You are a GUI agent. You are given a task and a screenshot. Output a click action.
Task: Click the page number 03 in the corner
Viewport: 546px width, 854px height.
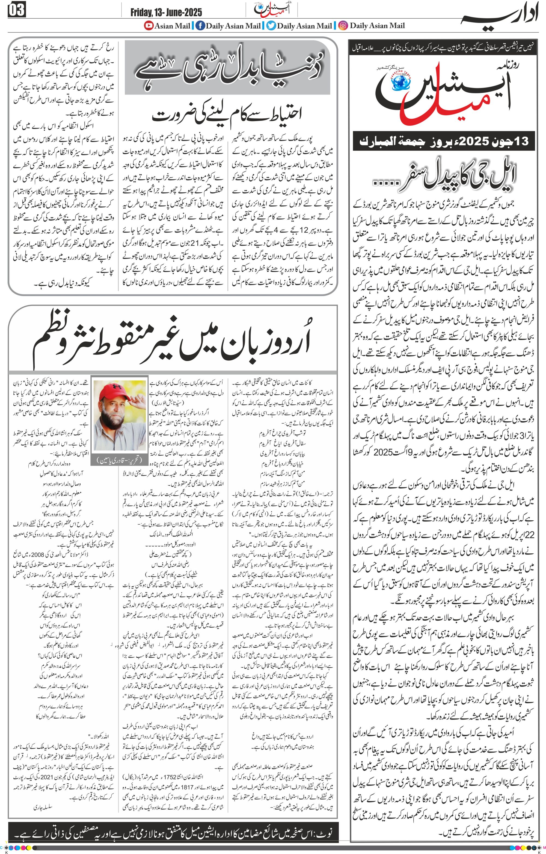click(x=16, y=10)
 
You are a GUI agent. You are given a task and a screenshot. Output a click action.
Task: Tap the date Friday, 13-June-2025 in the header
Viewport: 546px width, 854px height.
click(x=166, y=12)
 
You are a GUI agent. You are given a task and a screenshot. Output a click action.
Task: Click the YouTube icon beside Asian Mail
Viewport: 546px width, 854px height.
click(x=148, y=25)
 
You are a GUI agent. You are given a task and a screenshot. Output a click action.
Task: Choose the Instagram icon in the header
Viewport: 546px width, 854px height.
click(x=343, y=25)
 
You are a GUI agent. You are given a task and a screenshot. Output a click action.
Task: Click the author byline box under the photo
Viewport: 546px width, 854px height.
click(x=119, y=460)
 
